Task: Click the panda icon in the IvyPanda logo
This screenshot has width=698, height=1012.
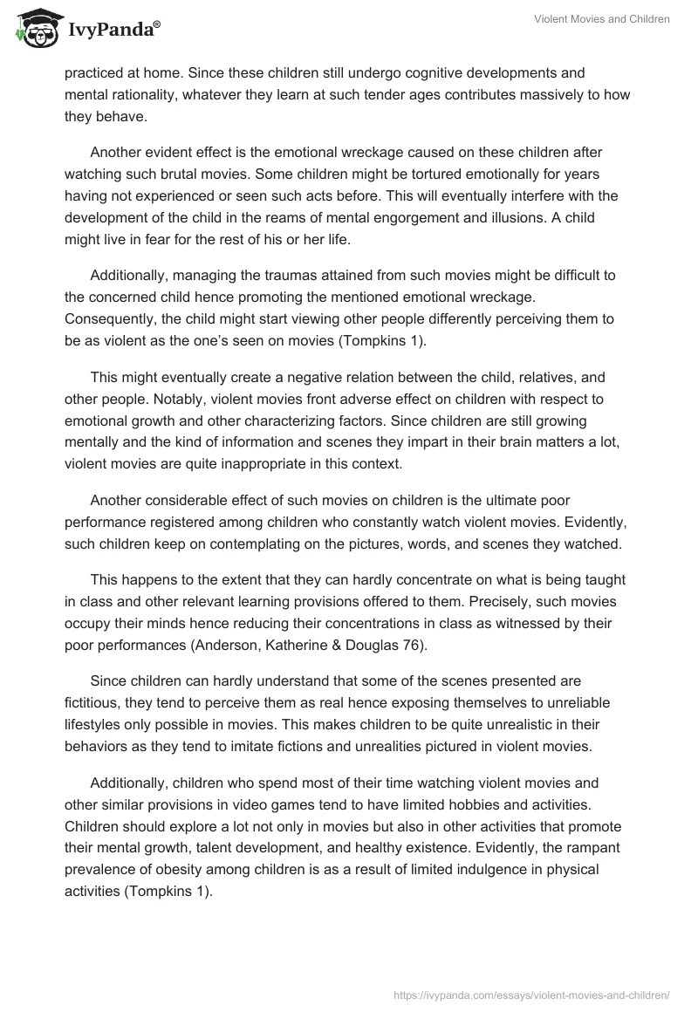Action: (33, 30)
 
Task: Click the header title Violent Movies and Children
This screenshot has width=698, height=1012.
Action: (602, 20)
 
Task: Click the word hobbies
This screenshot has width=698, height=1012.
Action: (467, 805)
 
